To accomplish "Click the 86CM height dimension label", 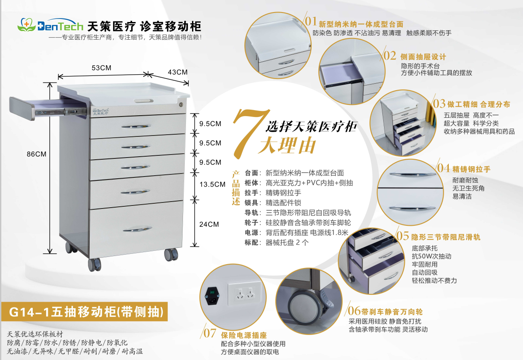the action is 36,154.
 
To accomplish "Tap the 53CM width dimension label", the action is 101,68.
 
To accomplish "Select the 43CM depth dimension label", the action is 178,72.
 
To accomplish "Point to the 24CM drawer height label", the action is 209,224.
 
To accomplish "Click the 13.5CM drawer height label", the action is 212,184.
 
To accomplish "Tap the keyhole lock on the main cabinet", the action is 181,104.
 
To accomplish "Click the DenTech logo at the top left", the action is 50,25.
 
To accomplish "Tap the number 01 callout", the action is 311,21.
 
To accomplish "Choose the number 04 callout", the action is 443,168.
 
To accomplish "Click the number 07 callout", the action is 210,333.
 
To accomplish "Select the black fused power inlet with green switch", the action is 212,296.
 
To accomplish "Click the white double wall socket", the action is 245,293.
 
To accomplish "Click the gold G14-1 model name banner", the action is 85,312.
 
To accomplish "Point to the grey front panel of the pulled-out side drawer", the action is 22,109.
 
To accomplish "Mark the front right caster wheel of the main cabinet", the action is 171,255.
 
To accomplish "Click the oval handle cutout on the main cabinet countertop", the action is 144,101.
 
